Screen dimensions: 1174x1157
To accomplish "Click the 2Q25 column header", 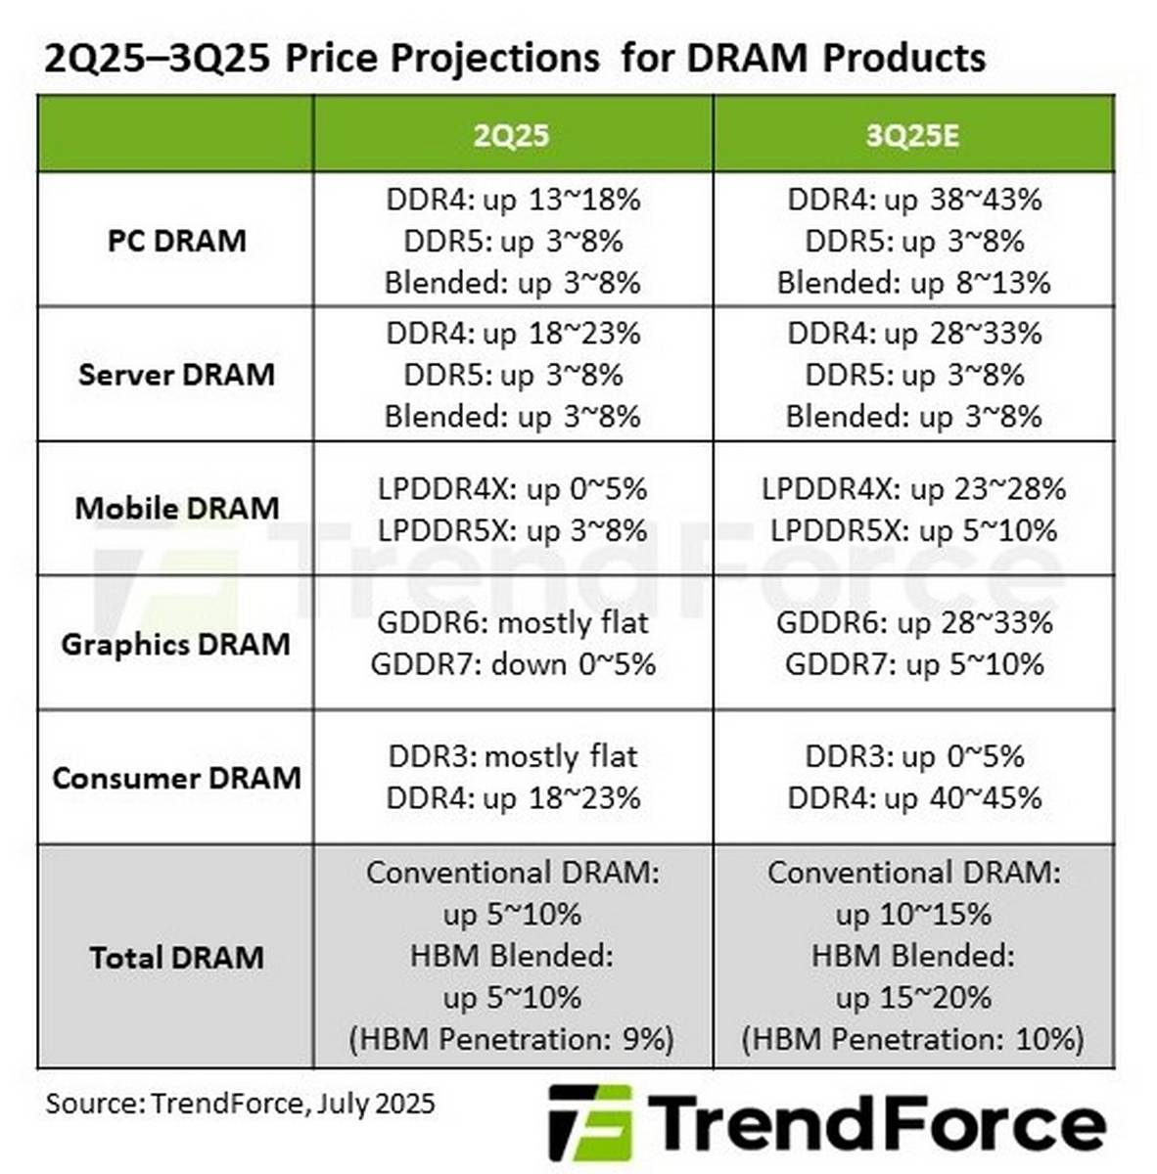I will (511, 134).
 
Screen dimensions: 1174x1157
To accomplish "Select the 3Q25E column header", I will (912, 134).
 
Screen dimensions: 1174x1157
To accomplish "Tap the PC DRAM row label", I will (176, 241).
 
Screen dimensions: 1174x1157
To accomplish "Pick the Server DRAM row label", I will (176, 375).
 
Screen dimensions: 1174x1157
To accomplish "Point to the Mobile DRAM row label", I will (176, 509).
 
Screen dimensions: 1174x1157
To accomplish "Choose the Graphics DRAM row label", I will (176, 645).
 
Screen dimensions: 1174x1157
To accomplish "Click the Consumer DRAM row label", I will (176, 779).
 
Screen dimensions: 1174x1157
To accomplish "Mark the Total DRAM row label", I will (176, 957).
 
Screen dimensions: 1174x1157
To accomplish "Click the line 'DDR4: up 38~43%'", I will (914, 200).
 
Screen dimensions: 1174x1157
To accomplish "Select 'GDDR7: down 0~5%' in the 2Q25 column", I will (513, 665).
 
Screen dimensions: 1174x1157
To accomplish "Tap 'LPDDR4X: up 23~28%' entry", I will (913, 489).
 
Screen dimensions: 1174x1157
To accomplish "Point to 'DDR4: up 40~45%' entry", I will (914, 798).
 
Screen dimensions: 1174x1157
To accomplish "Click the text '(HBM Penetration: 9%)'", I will (511, 1039).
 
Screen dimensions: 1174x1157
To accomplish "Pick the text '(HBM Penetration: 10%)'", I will (912, 1039).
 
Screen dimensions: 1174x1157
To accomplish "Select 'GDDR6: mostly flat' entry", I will (513, 623).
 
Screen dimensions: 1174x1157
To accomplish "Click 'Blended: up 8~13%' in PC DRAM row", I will (913, 283).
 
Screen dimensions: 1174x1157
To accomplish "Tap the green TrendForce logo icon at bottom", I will (589, 1122).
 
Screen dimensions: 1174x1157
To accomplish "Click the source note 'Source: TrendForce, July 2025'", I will (240, 1104).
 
